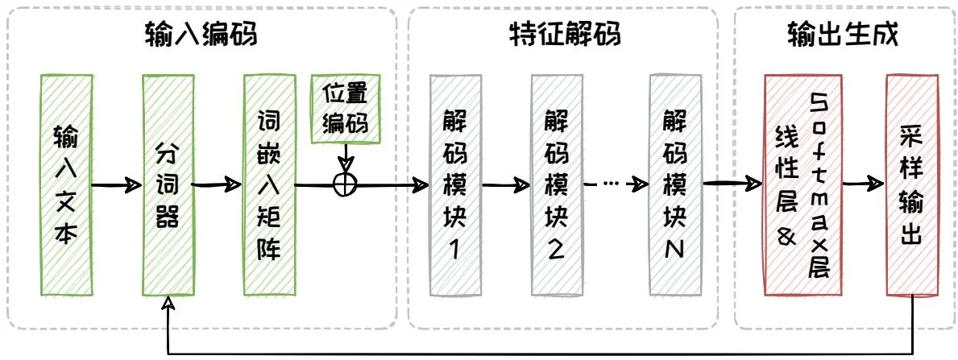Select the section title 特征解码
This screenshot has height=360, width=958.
[565, 34]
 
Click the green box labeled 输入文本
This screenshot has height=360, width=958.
[65, 184]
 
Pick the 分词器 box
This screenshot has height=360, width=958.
[168, 184]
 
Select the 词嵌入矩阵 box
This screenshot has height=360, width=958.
[269, 184]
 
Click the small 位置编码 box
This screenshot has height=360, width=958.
[345, 108]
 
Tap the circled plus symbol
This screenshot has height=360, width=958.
[345, 184]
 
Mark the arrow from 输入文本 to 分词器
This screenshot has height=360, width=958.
[116, 184]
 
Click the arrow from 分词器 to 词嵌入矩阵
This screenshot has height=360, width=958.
[218, 184]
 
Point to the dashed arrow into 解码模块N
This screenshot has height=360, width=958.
[616, 184]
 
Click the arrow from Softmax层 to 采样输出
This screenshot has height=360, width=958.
[858, 184]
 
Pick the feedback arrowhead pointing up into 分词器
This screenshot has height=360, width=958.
[168, 304]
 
